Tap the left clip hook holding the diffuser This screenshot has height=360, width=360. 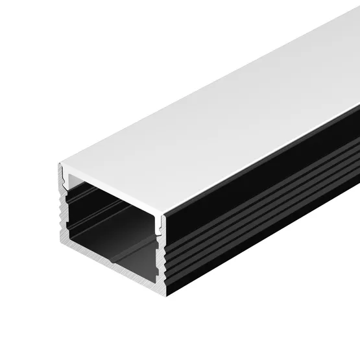click(66, 176)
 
